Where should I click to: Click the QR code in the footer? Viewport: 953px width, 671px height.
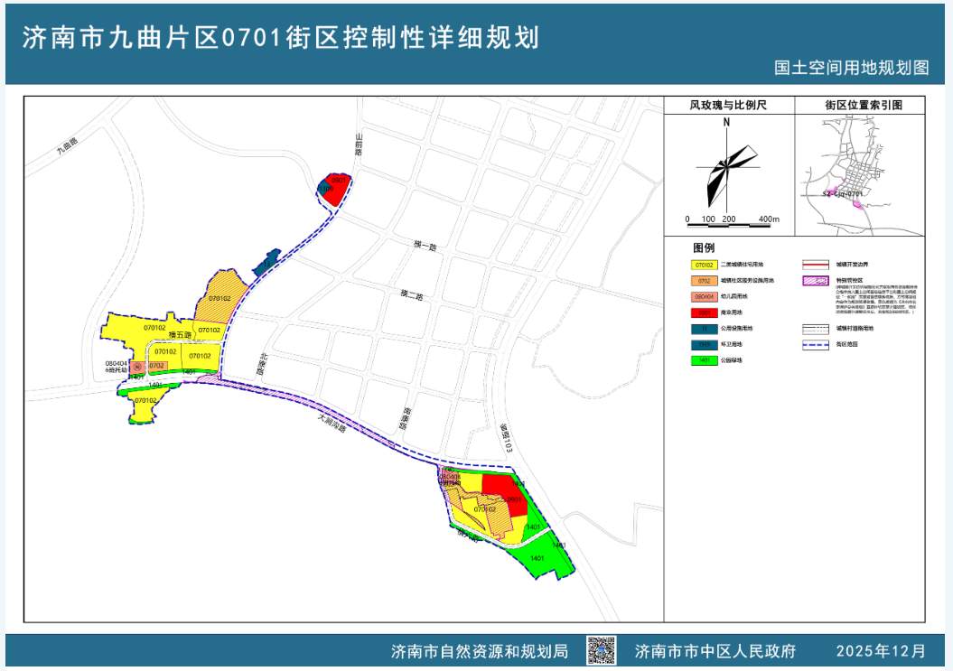point(601,650)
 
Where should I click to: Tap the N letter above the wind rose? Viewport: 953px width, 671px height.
point(726,124)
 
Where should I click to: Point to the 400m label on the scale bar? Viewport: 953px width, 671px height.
point(769,219)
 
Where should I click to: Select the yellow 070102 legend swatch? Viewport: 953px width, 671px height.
point(705,266)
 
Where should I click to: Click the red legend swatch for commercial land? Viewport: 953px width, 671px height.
point(705,312)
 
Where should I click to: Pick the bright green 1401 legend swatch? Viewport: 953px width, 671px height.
point(705,360)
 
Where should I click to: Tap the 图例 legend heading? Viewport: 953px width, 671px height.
point(704,247)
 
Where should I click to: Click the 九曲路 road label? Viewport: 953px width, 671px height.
point(67,146)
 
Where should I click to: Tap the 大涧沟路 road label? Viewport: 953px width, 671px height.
point(333,421)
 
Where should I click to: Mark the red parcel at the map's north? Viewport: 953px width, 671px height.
point(334,185)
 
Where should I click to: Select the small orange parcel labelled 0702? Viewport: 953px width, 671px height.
point(156,366)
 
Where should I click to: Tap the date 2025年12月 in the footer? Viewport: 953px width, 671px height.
point(881,650)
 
